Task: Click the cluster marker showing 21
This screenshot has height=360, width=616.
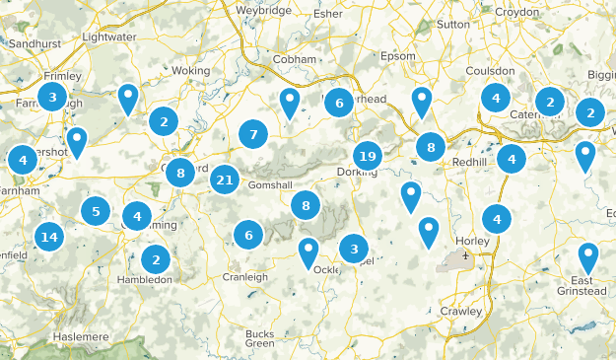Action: click(x=225, y=180)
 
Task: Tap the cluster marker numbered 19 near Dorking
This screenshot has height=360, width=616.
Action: click(x=368, y=156)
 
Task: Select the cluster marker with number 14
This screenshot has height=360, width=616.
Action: click(x=48, y=237)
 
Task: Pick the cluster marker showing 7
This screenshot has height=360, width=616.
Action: click(x=253, y=134)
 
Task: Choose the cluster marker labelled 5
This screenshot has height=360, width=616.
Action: click(x=96, y=210)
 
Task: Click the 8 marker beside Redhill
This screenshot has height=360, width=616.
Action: click(x=431, y=148)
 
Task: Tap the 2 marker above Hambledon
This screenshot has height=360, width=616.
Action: click(x=155, y=259)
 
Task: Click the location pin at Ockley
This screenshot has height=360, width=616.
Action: click(x=308, y=252)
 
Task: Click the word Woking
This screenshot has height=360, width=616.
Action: click(x=191, y=71)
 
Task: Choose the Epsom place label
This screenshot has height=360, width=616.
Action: click(x=399, y=55)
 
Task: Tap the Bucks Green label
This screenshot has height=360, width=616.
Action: click(x=259, y=338)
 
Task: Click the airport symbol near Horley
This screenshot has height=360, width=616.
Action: click(x=465, y=256)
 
